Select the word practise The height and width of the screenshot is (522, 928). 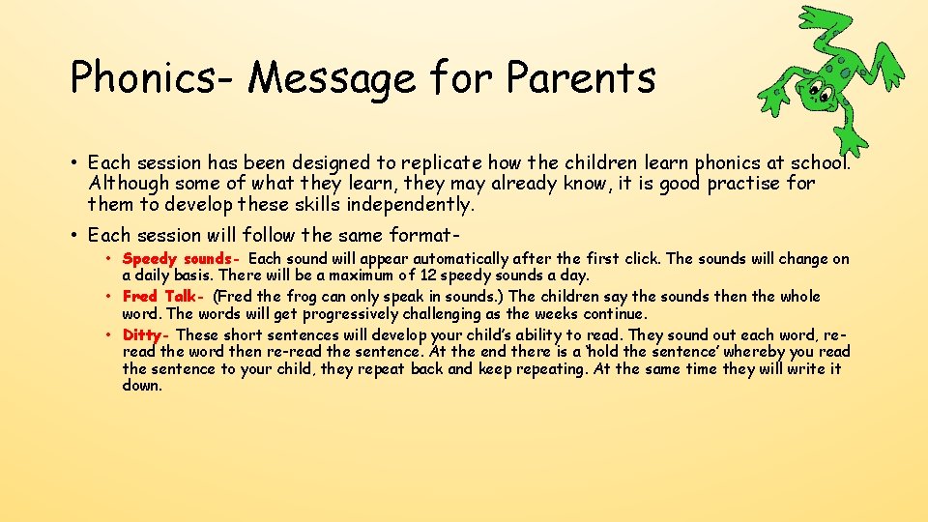click(747, 183)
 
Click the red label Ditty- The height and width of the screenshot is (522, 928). click(147, 335)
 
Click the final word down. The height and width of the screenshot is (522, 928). click(142, 386)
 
